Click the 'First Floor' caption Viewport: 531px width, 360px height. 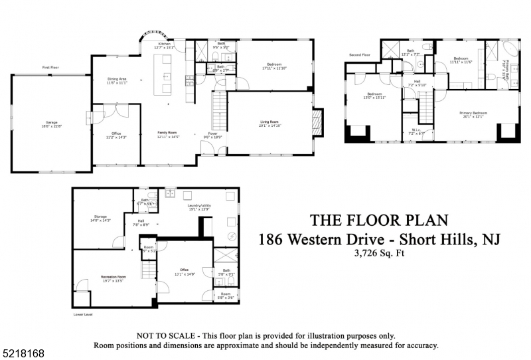tap(51, 68)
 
